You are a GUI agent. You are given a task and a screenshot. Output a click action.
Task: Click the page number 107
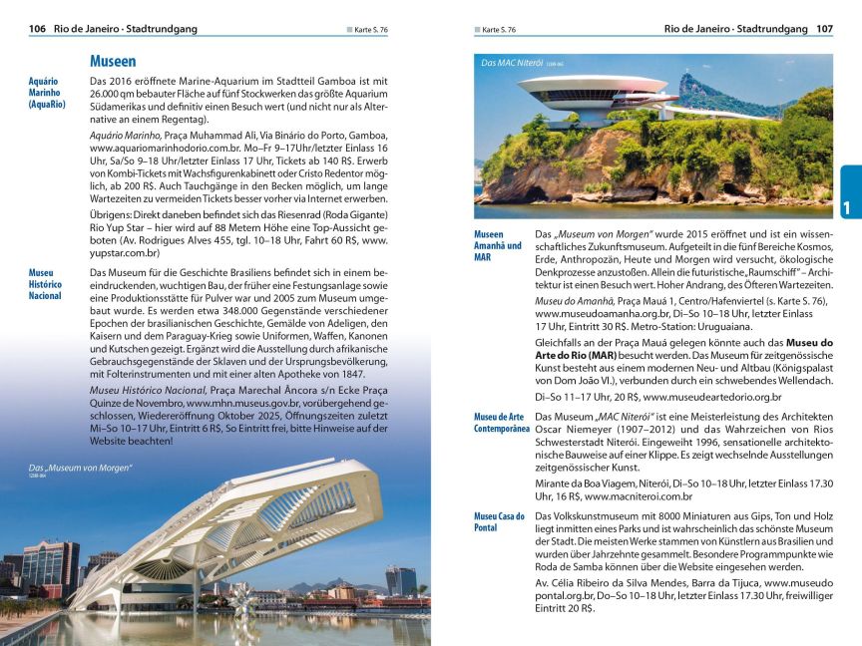coord(823,29)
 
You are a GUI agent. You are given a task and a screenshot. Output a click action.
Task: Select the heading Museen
coord(113,61)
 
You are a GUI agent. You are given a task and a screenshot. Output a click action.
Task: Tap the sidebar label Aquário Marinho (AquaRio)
coord(47,92)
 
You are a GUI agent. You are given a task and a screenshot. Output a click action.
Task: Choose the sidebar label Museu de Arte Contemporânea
coord(501,422)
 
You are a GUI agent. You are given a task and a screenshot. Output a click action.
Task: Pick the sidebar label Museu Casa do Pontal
coord(499,521)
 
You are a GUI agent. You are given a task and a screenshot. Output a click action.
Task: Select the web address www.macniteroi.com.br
coord(639,495)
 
